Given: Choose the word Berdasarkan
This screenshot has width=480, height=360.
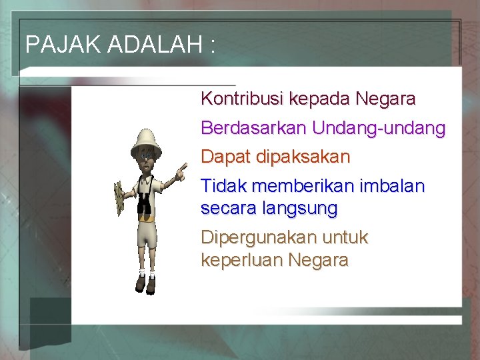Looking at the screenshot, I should click(253, 128).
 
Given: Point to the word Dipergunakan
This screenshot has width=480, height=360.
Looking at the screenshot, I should click(257, 238).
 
